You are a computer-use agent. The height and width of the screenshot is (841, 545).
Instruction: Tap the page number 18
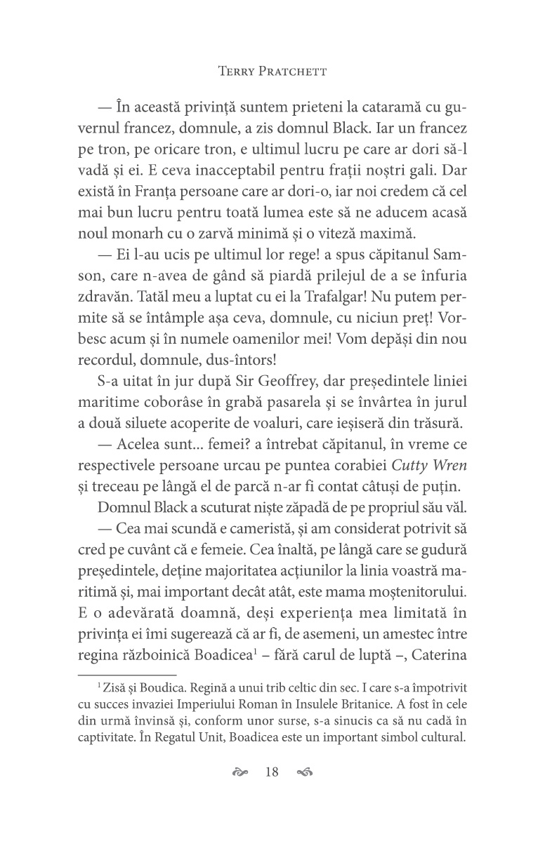(272, 773)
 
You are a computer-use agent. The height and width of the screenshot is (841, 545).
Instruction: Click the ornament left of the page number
(240, 773)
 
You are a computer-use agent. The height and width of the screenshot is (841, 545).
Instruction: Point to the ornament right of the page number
(304, 773)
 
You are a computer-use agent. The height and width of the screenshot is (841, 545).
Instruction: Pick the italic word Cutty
(390, 466)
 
